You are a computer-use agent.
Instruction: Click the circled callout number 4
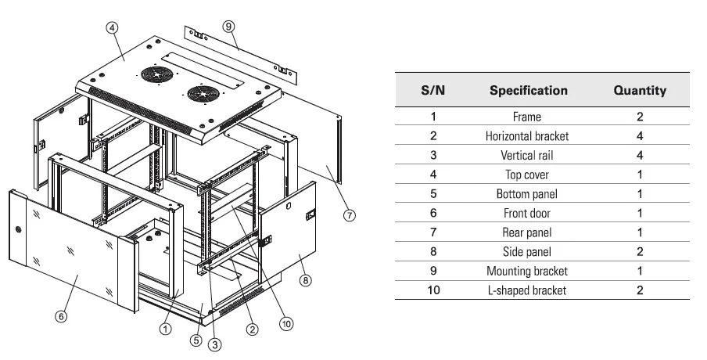pyautogui.click(x=112, y=27)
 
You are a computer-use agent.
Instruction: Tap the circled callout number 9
pyautogui.click(x=228, y=26)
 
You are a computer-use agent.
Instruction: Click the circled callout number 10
pyautogui.click(x=286, y=321)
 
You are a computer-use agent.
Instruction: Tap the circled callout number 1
pyautogui.click(x=165, y=329)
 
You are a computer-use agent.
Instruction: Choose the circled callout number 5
pyautogui.click(x=197, y=341)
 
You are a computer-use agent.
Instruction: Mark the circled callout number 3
pyautogui.click(x=215, y=341)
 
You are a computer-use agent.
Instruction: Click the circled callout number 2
pyautogui.click(x=252, y=329)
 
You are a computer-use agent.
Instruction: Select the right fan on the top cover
pyautogui.click(x=199, y=92)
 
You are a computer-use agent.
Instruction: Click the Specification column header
pyautogui.click(x=528, y=90)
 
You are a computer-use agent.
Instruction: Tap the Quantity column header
pyautogui.click(x=639, y=90)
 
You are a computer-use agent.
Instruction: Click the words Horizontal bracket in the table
pyautogui.click(x=526, y=136)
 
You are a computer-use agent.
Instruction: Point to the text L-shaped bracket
pyautogui.click(x=526, y=290)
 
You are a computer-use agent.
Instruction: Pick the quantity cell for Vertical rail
pyautogui.click(x=639, y=155)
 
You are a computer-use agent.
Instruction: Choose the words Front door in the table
pyautogui.click(x=526, y=213)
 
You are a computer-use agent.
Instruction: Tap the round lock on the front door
pyautogui.click(x=18, y=230)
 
